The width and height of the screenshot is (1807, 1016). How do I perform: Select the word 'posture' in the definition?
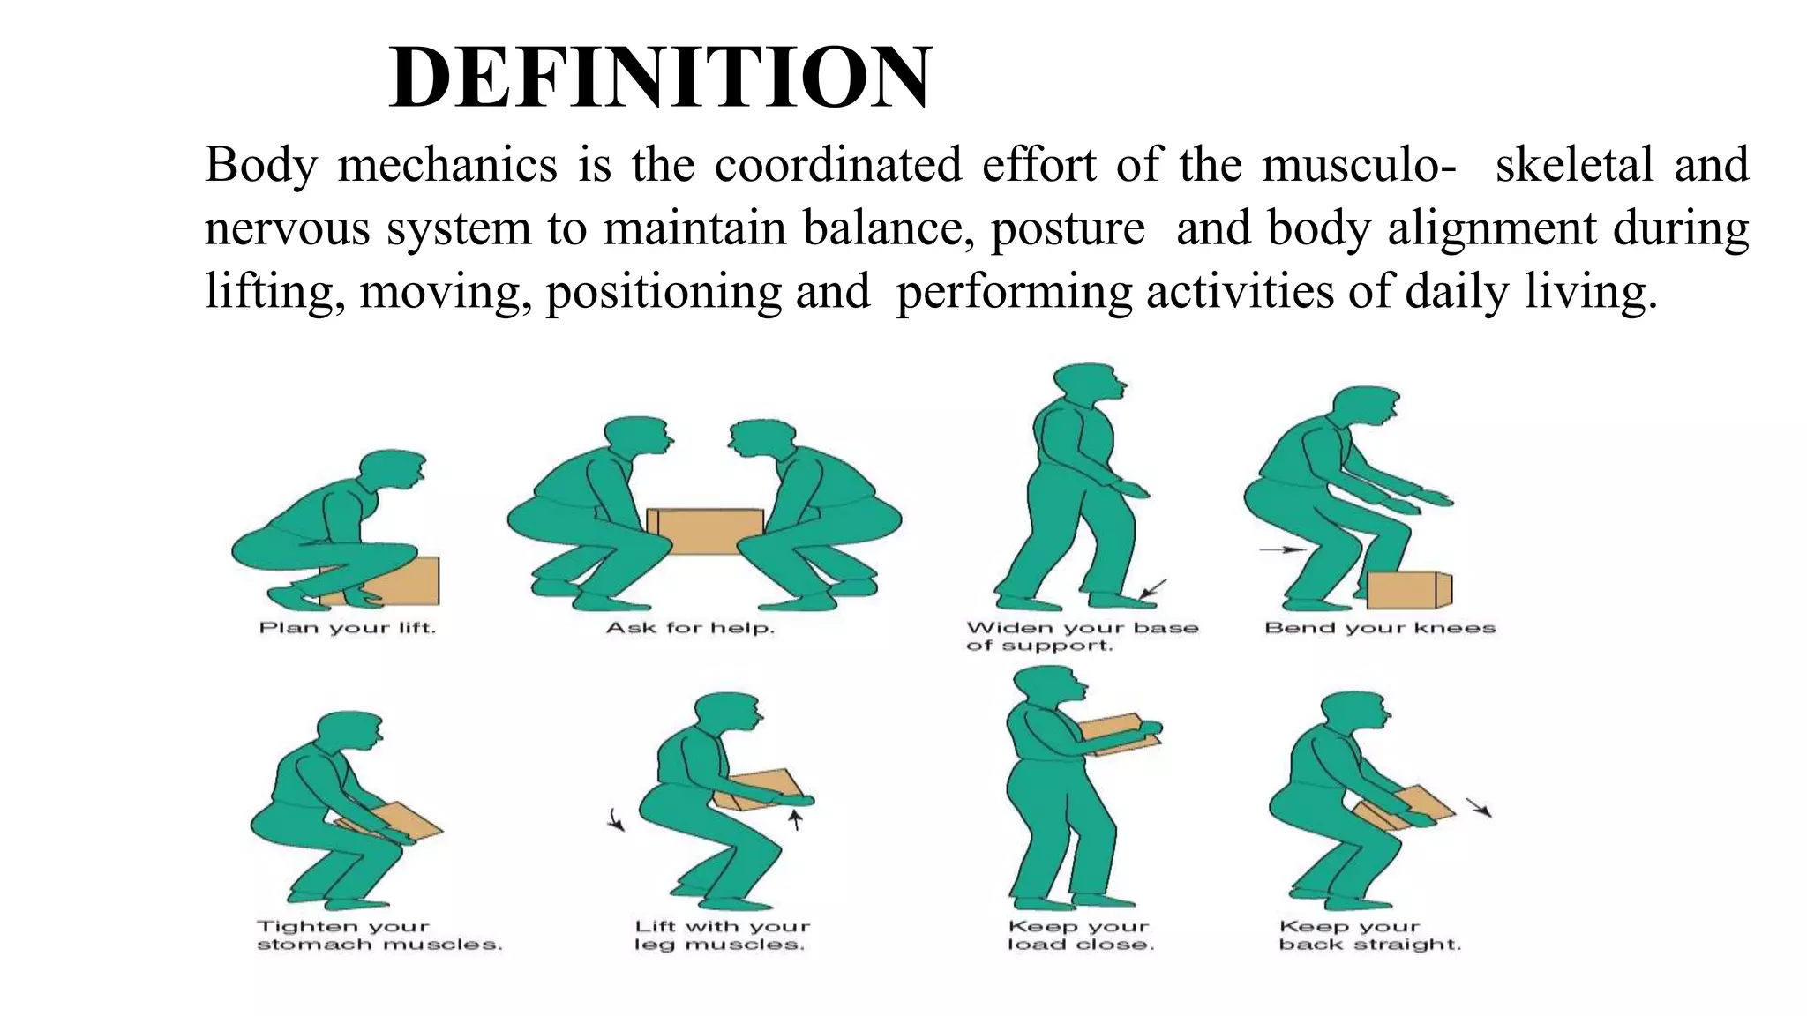[1068, 228]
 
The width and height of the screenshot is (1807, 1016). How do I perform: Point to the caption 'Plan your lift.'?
[348, 628]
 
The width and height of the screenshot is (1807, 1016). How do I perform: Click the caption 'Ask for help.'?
[690, 628]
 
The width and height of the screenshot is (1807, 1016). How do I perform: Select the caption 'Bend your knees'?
[1380, 628]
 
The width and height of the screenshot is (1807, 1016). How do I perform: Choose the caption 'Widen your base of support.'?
[1082, 636]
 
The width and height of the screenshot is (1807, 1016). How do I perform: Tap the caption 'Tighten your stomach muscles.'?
[379, 935]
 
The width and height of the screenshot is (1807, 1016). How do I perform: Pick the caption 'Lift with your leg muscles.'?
[722, 935]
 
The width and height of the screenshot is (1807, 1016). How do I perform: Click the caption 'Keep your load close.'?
[1080, 935]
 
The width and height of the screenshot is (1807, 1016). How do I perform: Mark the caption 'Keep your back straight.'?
[1369, 935]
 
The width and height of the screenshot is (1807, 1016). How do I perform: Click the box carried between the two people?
[705, 530]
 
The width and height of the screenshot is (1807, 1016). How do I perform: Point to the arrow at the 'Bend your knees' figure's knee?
[1281, 549]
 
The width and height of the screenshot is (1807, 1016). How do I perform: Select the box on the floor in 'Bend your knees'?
[1408, 589]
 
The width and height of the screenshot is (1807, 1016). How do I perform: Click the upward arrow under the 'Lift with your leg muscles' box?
[795, 820]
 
